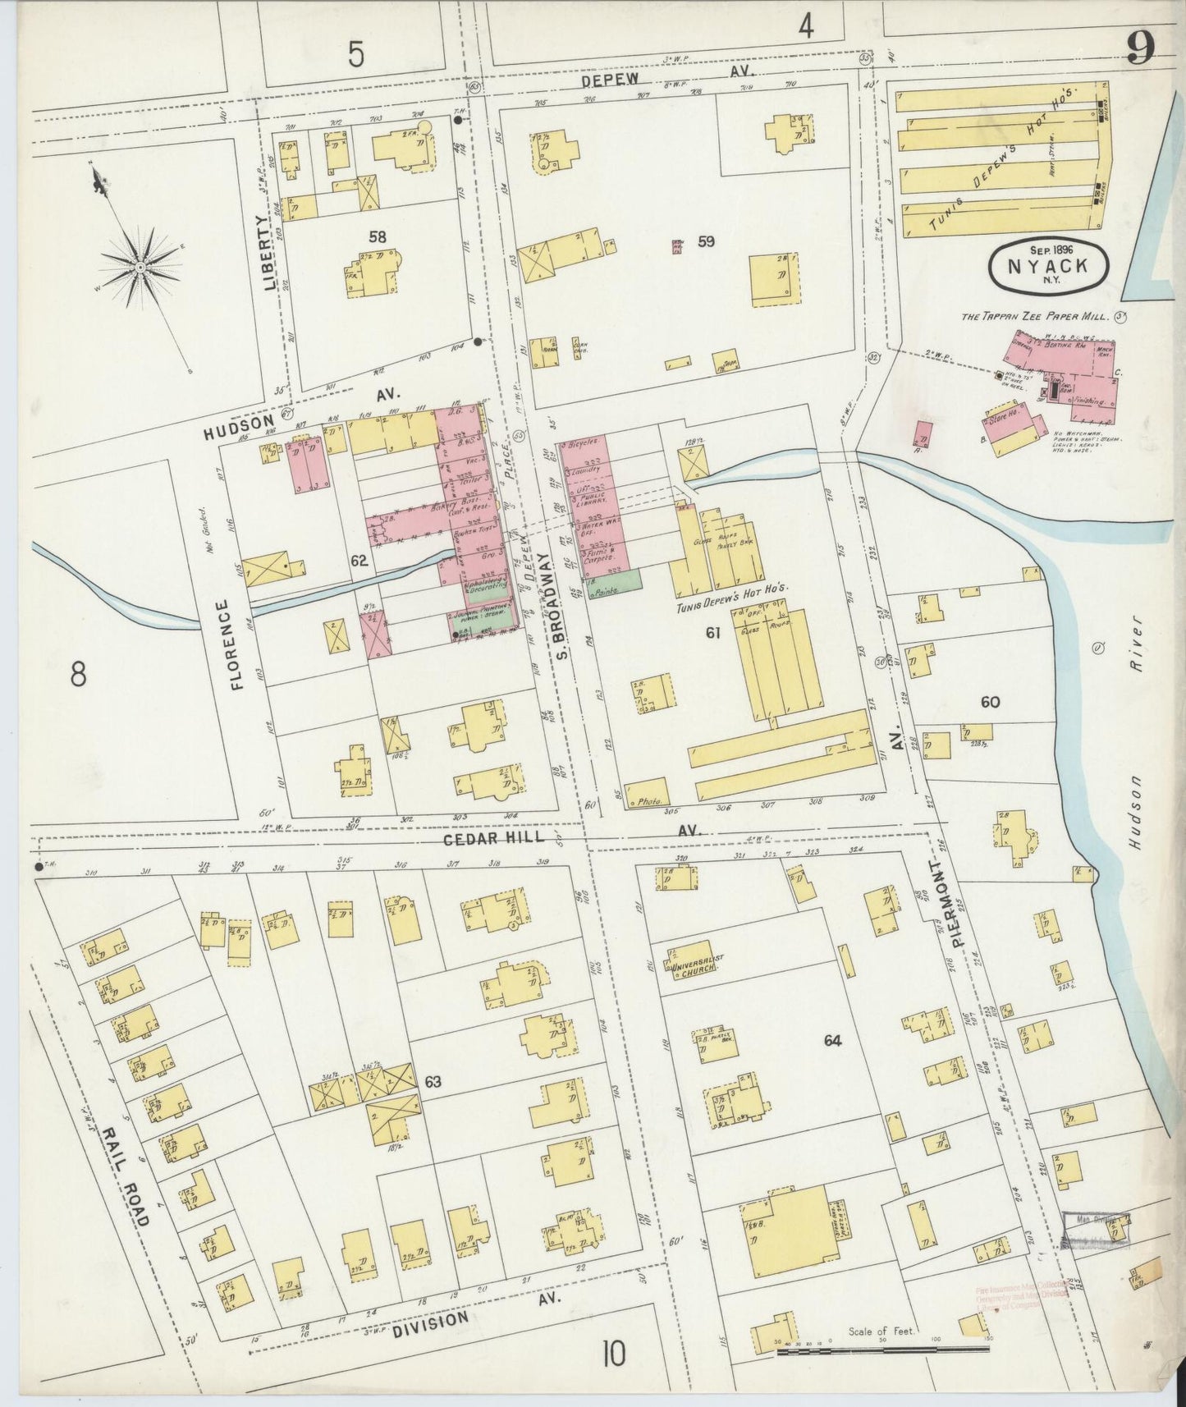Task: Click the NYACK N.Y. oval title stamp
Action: coord(1051,266)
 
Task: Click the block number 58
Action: coord(377,237)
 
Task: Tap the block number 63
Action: coord(433,1082)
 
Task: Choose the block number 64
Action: coord(832,1041)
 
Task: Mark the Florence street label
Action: coord(238,644)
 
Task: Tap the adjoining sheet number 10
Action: coord(613,1352)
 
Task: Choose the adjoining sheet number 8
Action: coord(78,675)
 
